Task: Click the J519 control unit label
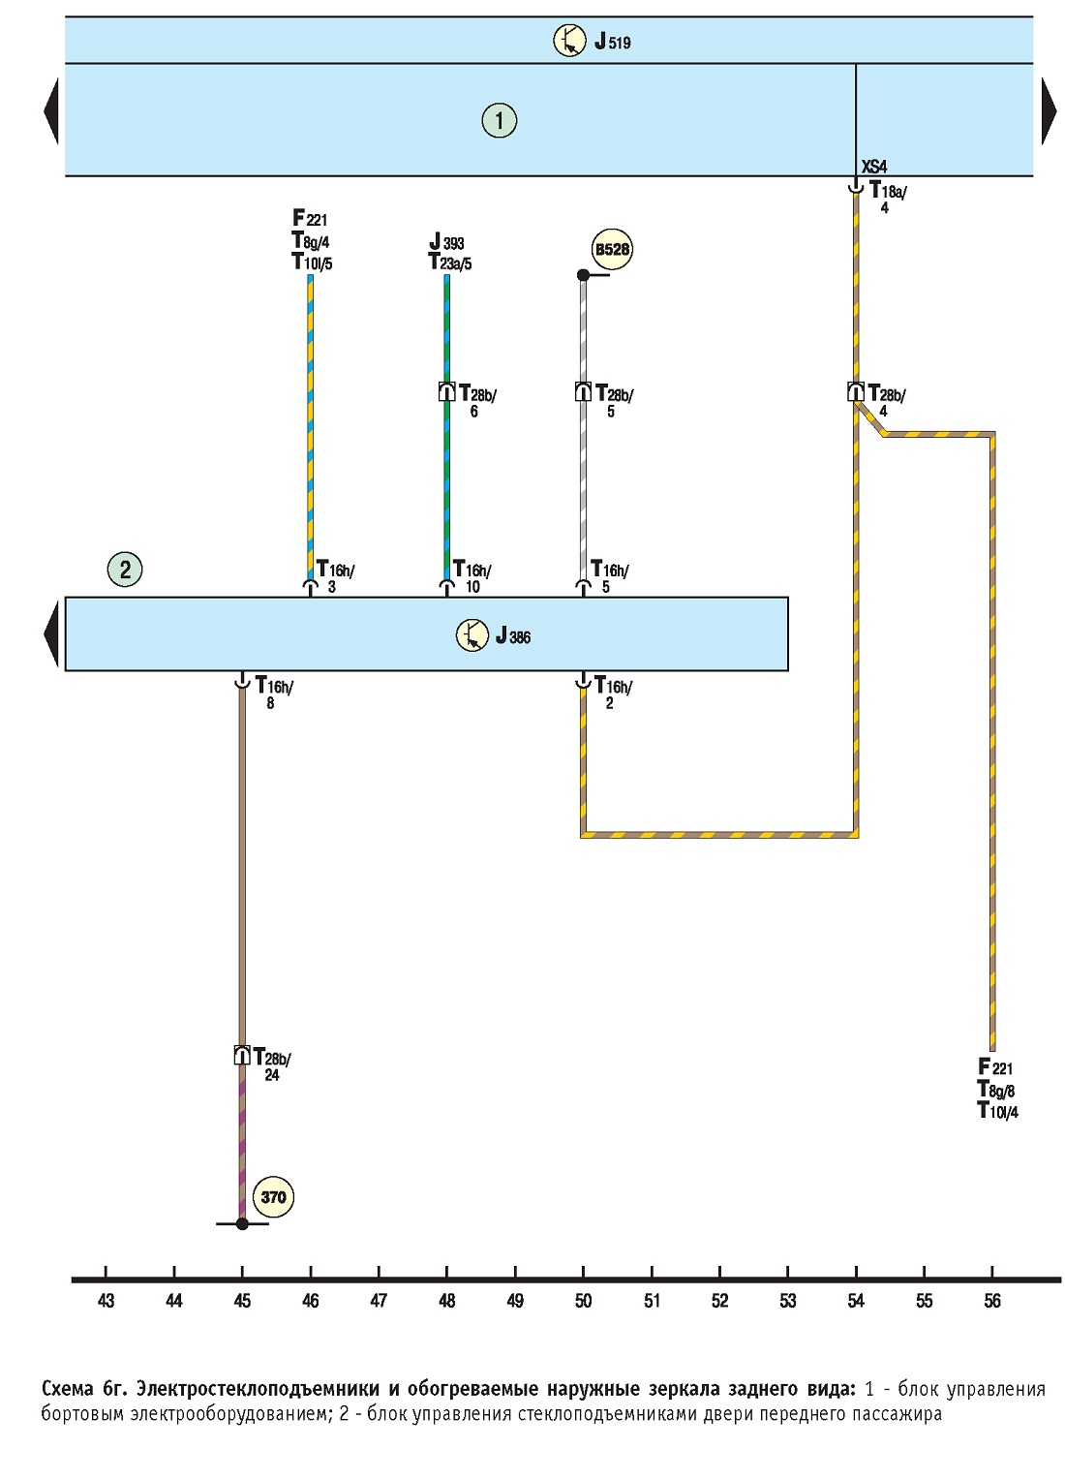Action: [612, 42]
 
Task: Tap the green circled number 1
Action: [499, 120]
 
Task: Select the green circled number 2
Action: [125, 569]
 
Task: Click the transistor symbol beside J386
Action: [472, 635]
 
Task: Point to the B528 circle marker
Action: [612, 249]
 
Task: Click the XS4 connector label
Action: [873, 167]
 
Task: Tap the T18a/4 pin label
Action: [888, 197]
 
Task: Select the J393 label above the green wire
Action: [446, 242]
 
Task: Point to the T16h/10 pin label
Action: [472, 576]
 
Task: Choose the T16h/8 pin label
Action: [274, 692]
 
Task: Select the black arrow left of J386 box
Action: [51, 633]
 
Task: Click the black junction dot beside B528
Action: [583, 274]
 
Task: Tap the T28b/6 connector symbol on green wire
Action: [446, 392]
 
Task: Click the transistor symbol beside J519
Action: [569, 41]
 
